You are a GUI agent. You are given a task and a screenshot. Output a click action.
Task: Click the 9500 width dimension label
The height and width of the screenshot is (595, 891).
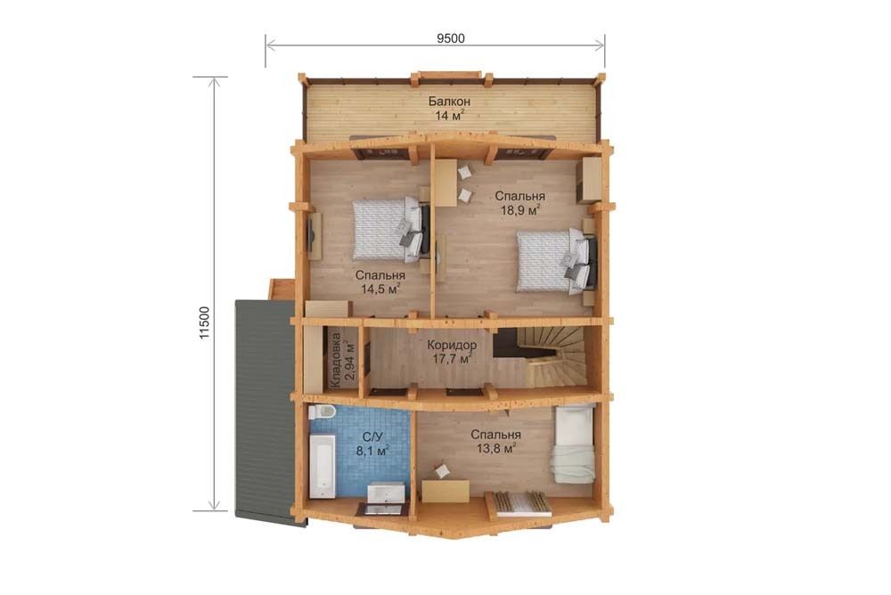[x=451, y=38]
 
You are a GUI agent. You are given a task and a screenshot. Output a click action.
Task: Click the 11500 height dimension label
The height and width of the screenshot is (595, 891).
[x=205, y=323]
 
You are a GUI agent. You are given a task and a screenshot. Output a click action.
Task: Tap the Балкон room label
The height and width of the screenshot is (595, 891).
[x=449, y=102]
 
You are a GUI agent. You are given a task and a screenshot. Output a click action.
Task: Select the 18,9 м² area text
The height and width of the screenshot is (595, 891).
[x=520, y=210]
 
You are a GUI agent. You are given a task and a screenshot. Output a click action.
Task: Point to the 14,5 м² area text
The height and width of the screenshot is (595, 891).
[x=380, y=289]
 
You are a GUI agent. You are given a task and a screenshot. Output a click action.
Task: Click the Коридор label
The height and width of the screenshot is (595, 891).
[x=452, y=345]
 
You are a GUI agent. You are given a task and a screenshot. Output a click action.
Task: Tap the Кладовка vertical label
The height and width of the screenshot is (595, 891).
[x=336, y=361]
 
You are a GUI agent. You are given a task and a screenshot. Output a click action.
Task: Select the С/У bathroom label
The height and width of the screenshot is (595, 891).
[x=372, y=436]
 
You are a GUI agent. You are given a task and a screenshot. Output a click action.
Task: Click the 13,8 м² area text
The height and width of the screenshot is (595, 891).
[x=496, y=448]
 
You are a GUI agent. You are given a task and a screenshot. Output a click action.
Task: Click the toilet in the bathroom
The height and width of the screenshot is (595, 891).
[x=322, y=412]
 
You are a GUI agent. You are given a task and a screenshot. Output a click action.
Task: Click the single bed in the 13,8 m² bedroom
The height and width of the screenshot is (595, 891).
[x=573, y=444]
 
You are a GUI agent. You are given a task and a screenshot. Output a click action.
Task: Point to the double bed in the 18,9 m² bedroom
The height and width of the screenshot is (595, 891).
[x=556, y=260]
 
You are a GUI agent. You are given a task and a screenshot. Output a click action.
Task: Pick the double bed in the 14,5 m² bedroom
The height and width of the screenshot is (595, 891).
[x=391, y=229]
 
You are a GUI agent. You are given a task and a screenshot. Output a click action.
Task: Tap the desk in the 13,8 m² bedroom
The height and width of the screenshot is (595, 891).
[x=445, y=491]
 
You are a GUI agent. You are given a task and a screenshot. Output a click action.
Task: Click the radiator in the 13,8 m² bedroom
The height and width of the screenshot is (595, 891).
[x=522, y=504]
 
